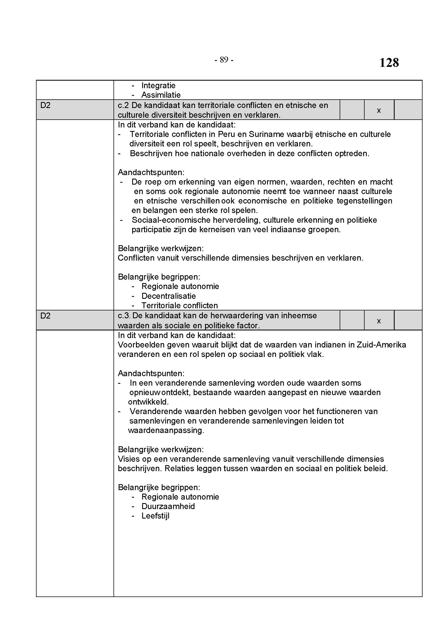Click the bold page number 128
[389, 63]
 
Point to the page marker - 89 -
[224, 60]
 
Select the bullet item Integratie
[158, 86]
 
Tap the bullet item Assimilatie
[161, 95]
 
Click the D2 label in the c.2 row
[46, 105]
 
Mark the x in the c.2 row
[379, 110]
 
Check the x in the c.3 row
[379, 321]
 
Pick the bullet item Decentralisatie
[168, 296]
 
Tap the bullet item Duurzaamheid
[168, 506]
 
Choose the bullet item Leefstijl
[155, 516]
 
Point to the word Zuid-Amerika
[381, 345]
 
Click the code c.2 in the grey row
[123, 105]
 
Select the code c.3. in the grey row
[124, 316]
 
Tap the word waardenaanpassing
[166, 430]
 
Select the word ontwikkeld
[148, 402]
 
